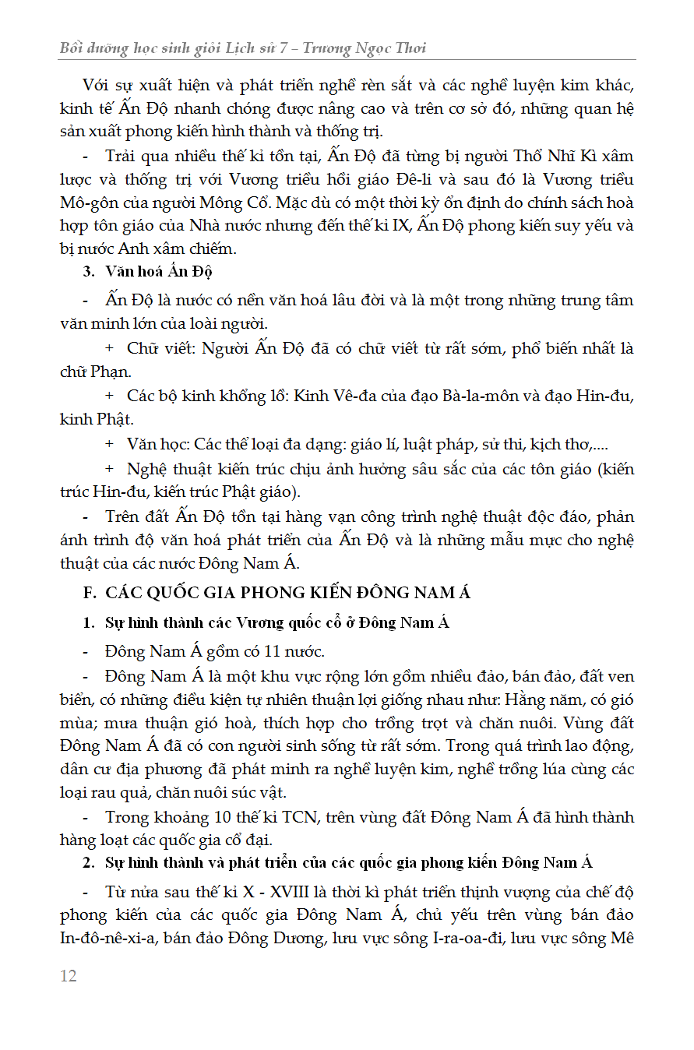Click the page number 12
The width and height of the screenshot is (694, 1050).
pos(69,976)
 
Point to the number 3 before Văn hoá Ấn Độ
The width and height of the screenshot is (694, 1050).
pos(88,271)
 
